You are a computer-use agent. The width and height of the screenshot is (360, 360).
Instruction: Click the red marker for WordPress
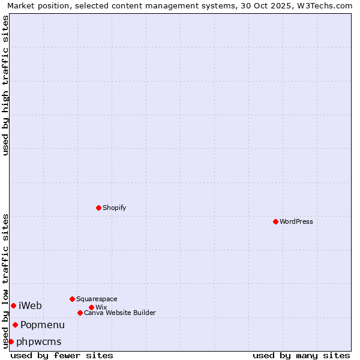pyautogui.click(x=275, y=221)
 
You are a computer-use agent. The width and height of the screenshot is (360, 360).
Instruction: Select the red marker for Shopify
pyautogui.click(x=98, y=208)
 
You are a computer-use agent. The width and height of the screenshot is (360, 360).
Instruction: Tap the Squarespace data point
pyautogui.click(x=72, y=299)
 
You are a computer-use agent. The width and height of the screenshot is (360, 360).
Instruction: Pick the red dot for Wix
pyautogui.click(x=91, y=307)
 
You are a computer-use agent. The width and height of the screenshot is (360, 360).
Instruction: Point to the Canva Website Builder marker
pyautogui.click(x=80, y=313)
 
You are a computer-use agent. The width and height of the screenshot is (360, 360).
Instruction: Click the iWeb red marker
pyautogui.click(x=13, y=305)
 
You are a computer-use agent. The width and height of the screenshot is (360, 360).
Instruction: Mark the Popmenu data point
pyautogui.click(x=15, y=325)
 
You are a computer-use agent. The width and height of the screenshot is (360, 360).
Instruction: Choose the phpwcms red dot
pyautogui.click(x=11, y=341)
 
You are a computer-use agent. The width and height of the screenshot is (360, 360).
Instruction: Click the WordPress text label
pyautogui.click(x=296, y=221)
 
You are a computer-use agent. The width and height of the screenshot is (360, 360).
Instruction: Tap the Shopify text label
pyautogui.click(x=114, y=208)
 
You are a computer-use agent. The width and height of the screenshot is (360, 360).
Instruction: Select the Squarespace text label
pyautogui.click(x=97, y=299)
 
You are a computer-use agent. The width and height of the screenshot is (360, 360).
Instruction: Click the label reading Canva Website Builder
pyautogui.click(x=120, y=313)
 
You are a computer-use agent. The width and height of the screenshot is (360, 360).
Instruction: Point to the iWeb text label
pyautogui.click(x=31, y=305)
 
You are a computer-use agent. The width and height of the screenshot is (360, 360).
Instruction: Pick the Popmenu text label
pyautogui.click(x=43, y=325)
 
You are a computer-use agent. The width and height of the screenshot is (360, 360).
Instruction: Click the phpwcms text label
pyautogui.click(x=39, y=341)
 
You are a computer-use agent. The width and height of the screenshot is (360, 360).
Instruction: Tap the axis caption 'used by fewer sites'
pyautogui.click(x=62, y=355)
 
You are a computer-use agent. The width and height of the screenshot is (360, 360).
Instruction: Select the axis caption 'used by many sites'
pyautogui.click(x=301, y=355)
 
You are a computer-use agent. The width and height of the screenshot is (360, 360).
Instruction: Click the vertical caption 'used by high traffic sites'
pyautogui.click(x=5, y=85)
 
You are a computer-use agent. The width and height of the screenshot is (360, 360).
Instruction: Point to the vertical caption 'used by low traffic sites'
pyautogui.click(x=5, y=281)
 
